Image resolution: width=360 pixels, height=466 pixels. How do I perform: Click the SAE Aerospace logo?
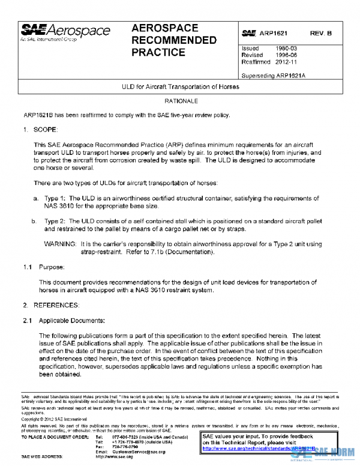(x=66, y=32)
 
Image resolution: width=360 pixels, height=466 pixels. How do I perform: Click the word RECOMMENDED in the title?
(x=173, y=40)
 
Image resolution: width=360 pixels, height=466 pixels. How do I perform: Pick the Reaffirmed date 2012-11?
(x=286, y=61)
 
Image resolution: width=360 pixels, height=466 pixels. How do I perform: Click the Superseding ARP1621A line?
(x=274, y=76)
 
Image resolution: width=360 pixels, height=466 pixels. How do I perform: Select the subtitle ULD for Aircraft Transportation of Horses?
(x=181, y=86)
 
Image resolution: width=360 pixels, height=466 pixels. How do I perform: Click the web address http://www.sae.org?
(x=114, y=457)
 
